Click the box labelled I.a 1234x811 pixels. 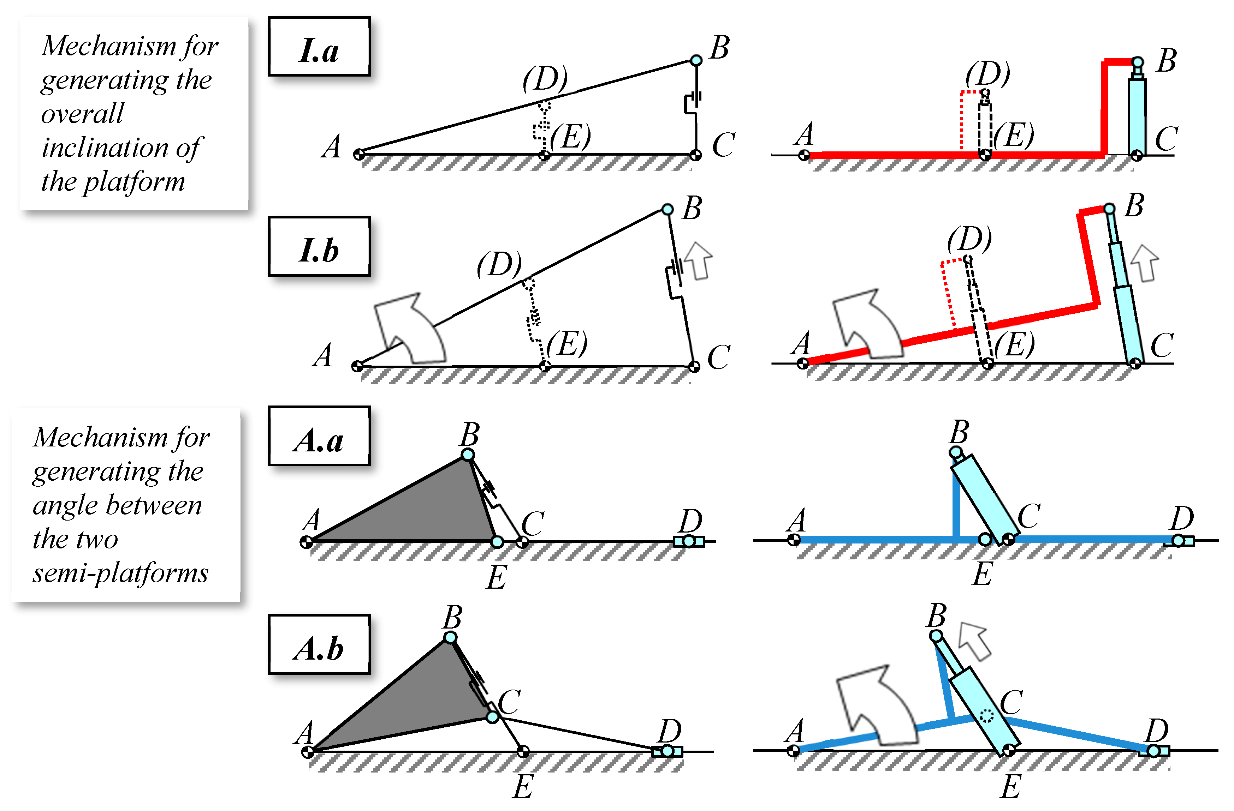pyautogui.click(x=319, y=47)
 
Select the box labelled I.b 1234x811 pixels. pyautogui.click(x=319, y=246)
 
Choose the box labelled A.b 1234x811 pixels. pyautogui.click(x=319, y=644)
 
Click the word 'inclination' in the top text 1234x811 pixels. pyautogui.click(x=104, y=148)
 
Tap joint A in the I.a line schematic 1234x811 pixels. pyautogui.click(x=359, y=154)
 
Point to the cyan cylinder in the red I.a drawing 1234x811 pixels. pyautogui.click(x=1137, y=116)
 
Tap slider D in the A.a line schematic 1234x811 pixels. pyautogui.click(x=689, y=541)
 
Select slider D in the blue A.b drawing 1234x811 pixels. pyautogui.click(x=1153, y=750)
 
